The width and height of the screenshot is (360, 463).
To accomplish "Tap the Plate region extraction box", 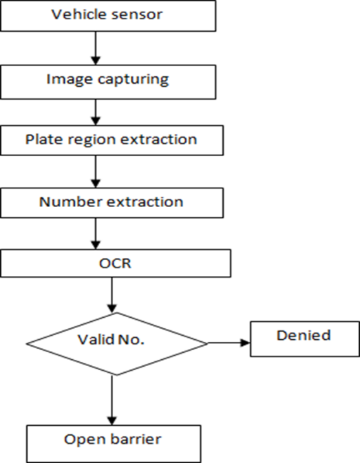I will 112,140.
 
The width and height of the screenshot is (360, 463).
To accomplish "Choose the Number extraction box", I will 112,203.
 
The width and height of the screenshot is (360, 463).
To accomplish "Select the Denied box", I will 303,337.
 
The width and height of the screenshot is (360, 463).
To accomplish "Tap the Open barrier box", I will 114,441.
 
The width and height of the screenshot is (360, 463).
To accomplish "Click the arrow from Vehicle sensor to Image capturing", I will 96,47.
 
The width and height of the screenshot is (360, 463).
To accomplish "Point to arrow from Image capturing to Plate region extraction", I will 96,111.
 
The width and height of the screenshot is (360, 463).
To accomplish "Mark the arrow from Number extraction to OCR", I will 96,235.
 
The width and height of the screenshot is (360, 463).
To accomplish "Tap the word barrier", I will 136,440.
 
